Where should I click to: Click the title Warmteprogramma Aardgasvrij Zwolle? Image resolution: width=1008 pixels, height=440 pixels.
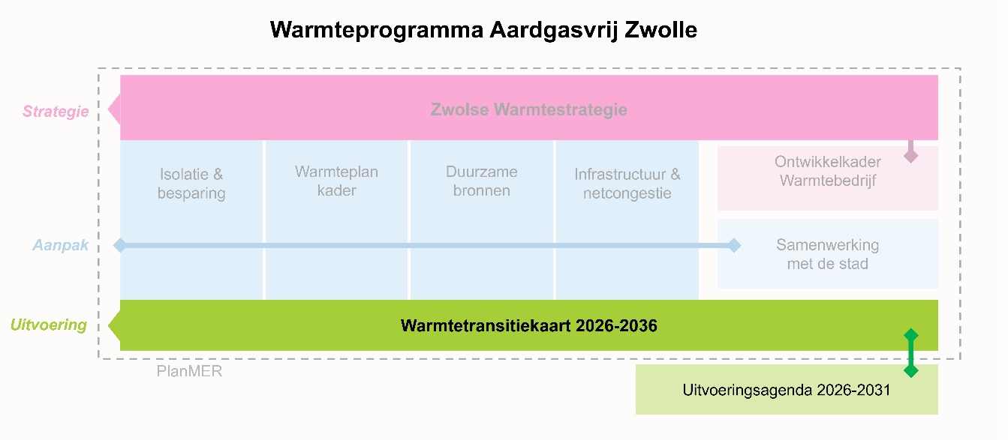pos(483,30)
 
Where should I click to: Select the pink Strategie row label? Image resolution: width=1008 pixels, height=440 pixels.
pos(56,112)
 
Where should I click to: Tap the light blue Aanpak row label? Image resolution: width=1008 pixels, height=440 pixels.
pos(60,245)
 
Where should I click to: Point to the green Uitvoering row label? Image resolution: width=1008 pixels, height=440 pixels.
pos(49,325)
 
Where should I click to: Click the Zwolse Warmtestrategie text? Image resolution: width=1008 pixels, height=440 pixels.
pos(528,109)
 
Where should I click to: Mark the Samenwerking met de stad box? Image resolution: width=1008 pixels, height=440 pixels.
pos(827,254)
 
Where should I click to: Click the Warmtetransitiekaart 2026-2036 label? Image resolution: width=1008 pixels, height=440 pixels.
pos(528,326)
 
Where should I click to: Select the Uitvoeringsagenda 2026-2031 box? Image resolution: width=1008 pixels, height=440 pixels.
pos(786,390)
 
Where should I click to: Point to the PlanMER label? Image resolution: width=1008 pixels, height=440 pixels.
pos(189,371)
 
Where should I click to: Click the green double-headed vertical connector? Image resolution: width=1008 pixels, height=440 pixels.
pos(910,352)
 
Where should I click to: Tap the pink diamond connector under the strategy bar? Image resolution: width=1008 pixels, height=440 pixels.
pos(910,155)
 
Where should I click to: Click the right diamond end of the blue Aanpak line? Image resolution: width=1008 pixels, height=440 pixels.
pos(733,245)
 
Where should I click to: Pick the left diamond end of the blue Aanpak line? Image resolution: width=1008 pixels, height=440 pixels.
pos(119,245)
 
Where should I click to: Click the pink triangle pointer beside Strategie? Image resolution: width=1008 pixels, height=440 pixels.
pos(114,109)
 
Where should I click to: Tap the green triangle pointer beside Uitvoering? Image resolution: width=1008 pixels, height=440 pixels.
pos(114,325)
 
